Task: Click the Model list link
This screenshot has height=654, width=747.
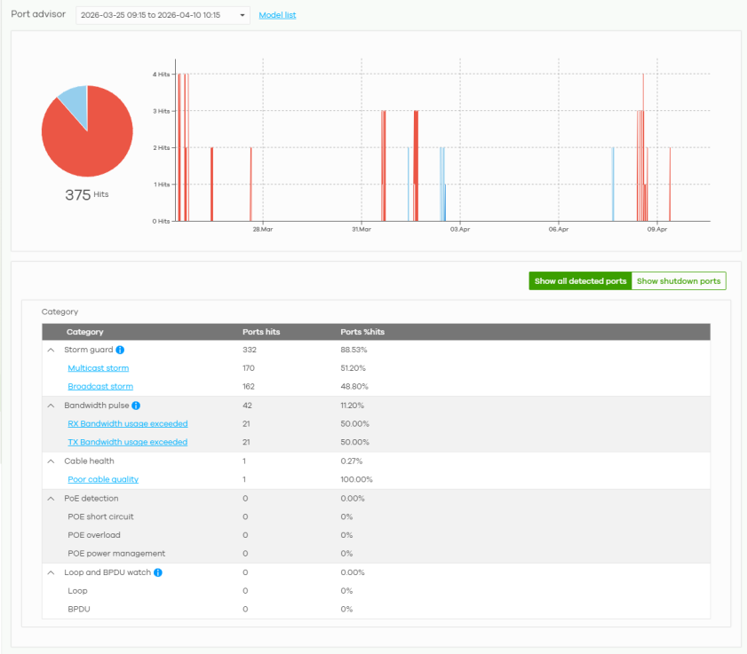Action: point(277,15)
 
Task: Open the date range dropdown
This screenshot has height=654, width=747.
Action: point(163,15)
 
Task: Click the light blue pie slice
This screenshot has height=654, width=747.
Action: point(75,103)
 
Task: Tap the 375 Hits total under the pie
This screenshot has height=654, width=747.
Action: point(87,194)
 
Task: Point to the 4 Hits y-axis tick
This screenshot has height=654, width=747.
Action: point(161,75)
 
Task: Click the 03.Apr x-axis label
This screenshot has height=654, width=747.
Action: point(460,230)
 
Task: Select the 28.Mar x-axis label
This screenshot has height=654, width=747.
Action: point(263,230)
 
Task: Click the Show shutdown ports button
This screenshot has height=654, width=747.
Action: point(679,280)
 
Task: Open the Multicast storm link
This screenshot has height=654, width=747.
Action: point(98,368)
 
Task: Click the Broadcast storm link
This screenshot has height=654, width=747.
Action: point(100,387)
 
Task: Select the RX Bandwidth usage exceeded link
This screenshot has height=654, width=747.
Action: point(128,423)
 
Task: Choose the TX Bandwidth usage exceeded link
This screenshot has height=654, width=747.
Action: point(128,442)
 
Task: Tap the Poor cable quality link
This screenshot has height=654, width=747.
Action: point(103,479)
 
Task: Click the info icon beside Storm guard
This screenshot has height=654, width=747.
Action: point(120,350)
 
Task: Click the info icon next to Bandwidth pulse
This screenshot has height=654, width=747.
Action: point(136,406)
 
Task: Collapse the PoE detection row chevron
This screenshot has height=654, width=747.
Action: point(51,499)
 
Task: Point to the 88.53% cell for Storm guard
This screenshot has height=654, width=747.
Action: point(354,350)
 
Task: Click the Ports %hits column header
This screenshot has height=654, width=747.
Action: point(362,332)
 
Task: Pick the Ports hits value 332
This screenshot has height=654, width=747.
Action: point(250,350)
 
